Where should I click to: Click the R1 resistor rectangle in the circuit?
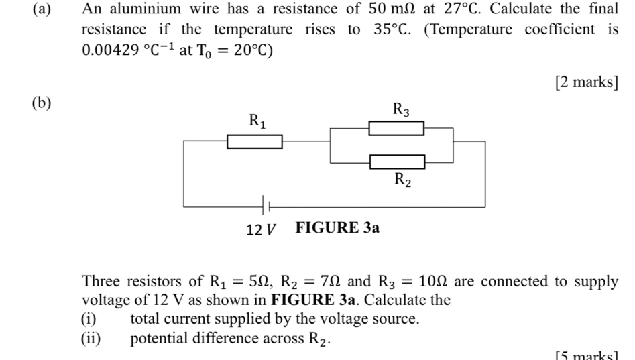[254, 142]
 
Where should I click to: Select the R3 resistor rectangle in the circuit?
[396, 128]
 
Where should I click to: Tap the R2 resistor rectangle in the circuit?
[397, 162]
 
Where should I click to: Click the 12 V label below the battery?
[262, 229]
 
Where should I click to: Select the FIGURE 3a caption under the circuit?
[337, 228]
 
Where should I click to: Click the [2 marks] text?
[586, 82]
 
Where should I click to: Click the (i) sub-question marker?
[89, 319]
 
